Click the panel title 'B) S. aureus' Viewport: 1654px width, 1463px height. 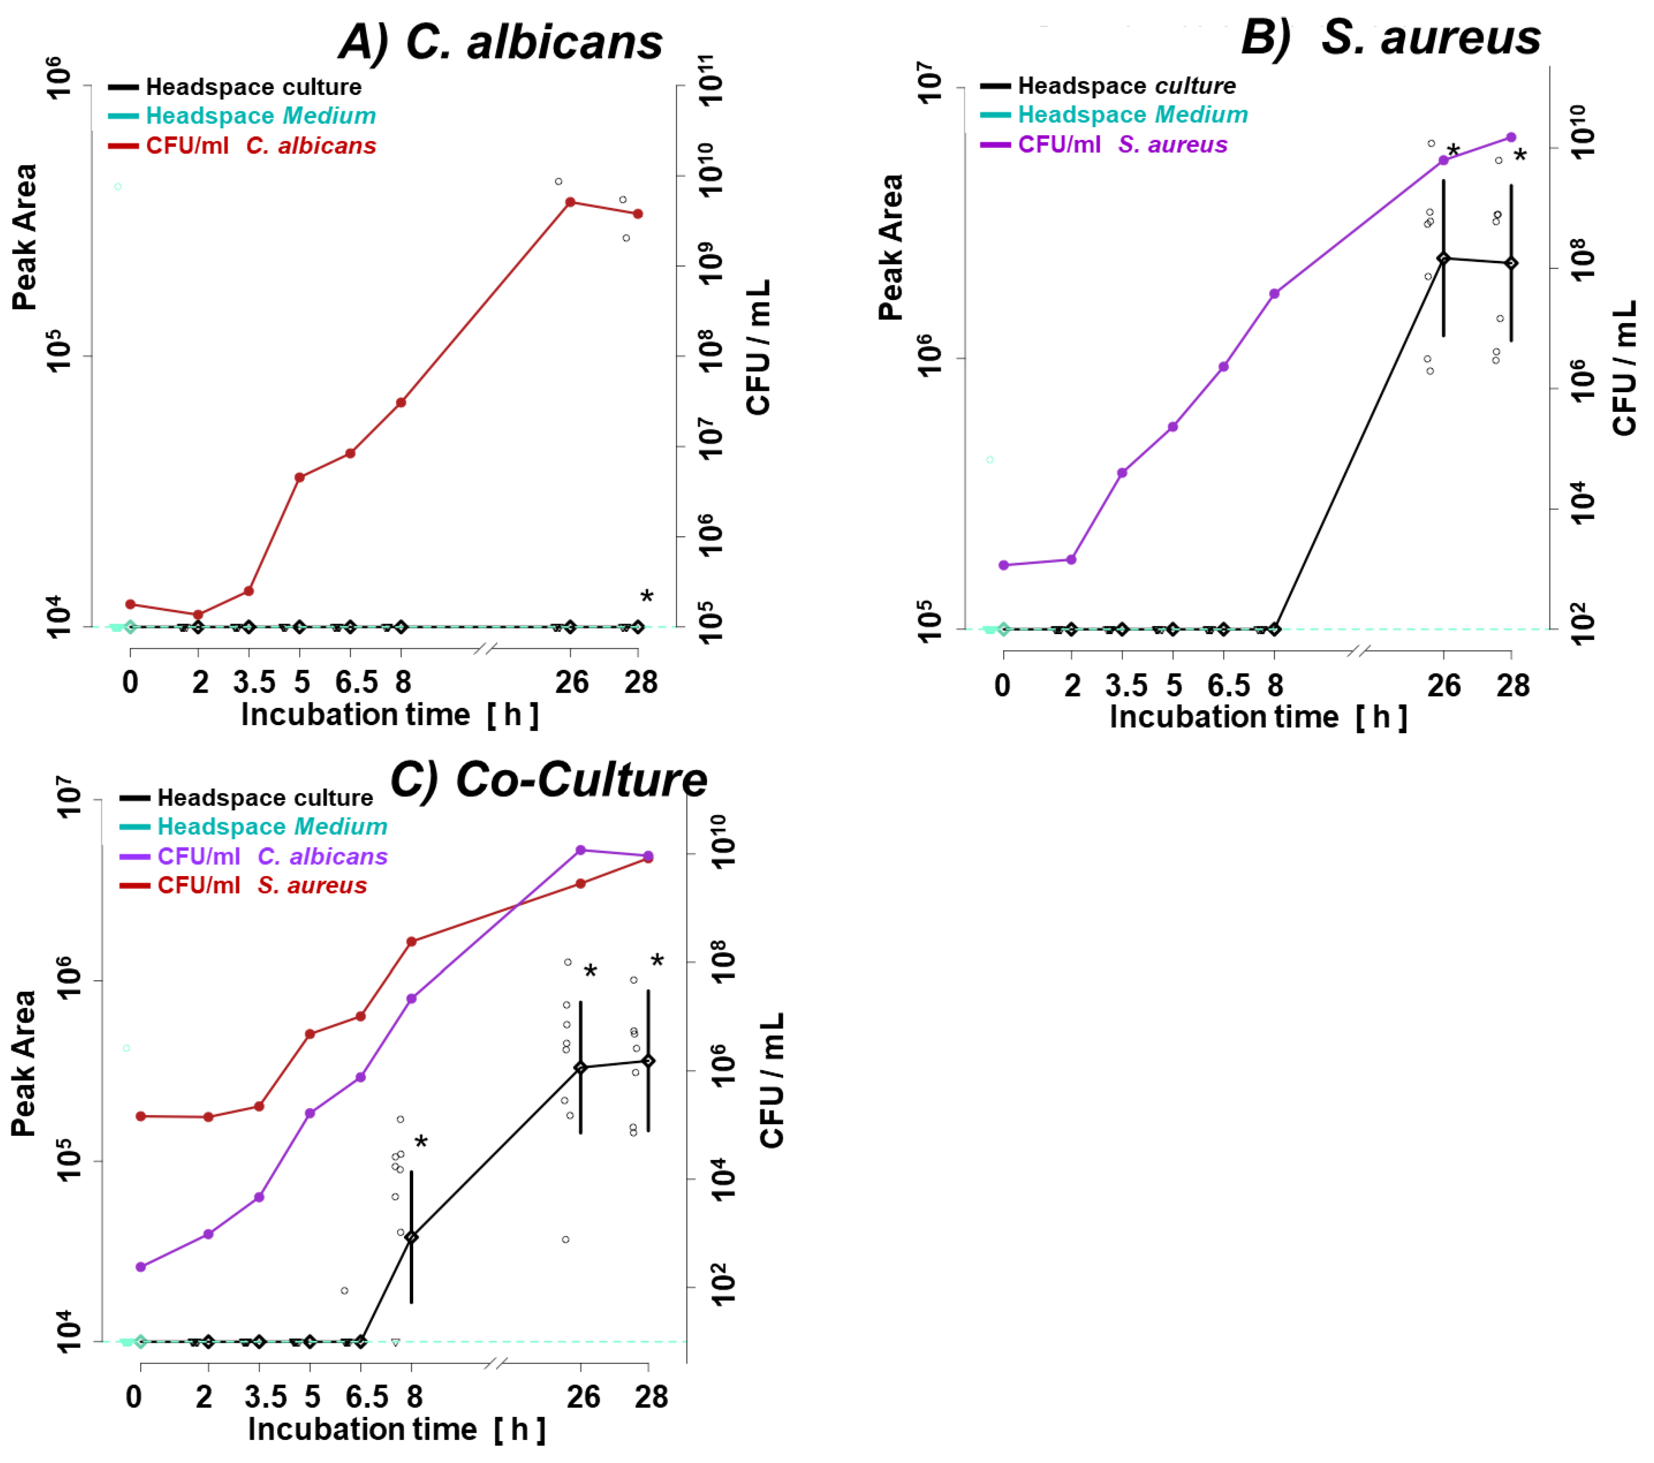(1390, 38)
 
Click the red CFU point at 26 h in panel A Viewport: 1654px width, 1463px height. (570, 201)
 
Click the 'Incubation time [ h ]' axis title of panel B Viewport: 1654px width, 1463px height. (1258, 717)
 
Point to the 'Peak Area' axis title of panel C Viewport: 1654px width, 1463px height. (24, 1063)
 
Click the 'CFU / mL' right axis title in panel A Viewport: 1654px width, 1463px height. (758, 348)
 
